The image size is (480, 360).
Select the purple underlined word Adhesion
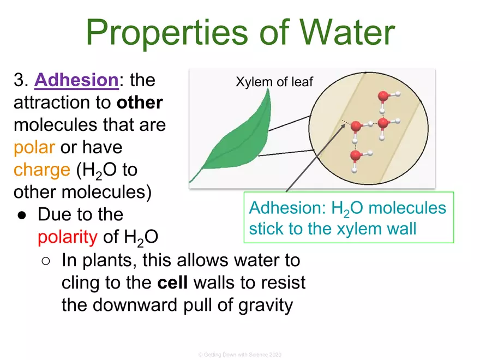click(x=76, y=81)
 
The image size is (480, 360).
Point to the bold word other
click(x=140, y=103)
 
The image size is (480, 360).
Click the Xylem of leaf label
click(x=274, y=82)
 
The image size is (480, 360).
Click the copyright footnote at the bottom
click(x=240, y=355)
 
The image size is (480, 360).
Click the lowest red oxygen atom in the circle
click(x=355, y=156)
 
